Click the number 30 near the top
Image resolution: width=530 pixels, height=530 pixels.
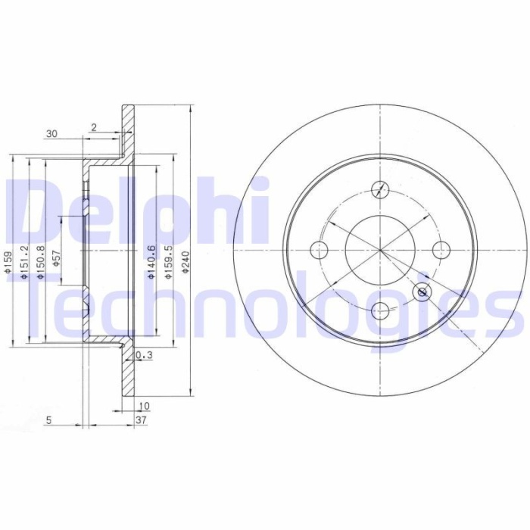[51, 134]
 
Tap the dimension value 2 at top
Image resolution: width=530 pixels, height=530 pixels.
[93, 127]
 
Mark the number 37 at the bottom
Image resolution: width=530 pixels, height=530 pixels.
[141, 419]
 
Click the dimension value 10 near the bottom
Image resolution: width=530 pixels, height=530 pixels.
[144, 407]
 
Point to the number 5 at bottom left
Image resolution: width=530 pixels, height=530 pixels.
[48, 419]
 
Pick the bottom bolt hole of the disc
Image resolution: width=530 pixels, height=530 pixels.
[381, 310]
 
